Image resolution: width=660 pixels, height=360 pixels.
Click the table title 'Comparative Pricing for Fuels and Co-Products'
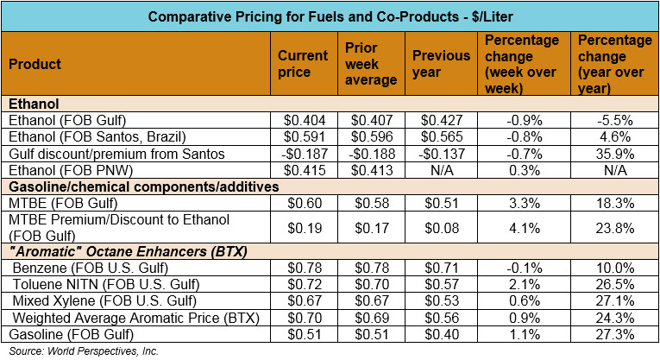(330, 16)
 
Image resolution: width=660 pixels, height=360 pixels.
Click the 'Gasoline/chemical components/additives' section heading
(131, 186)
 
